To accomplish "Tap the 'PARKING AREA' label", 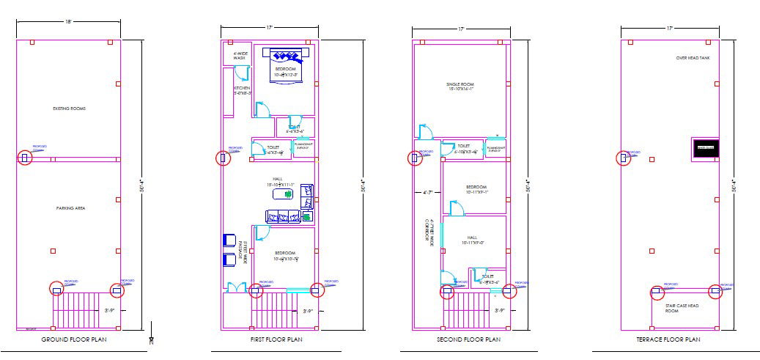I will [x=71, y=208].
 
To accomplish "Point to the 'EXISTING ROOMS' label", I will [x=70, y=109].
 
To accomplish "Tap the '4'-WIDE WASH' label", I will [x=240, y=56].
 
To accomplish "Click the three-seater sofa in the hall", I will [x=284, y=216].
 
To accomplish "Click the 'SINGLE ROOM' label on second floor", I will [x=460, y=87].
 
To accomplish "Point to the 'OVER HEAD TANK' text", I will [x=693, y=58].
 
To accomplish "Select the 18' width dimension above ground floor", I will [x=68, y=22].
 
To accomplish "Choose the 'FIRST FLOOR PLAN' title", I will [x=271, y=340].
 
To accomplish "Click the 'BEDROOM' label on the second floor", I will [x=476, y=188].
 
